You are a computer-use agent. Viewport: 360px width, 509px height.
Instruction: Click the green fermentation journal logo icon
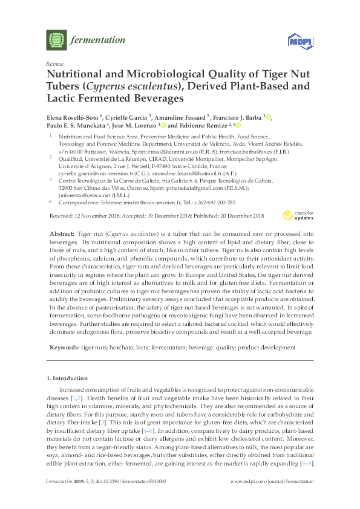(56, 41)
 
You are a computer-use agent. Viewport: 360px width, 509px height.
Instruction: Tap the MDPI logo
(296, 41)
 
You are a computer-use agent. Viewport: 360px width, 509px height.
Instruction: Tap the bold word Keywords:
(64, 348)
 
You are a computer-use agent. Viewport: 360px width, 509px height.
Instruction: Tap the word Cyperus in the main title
(103, 86)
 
